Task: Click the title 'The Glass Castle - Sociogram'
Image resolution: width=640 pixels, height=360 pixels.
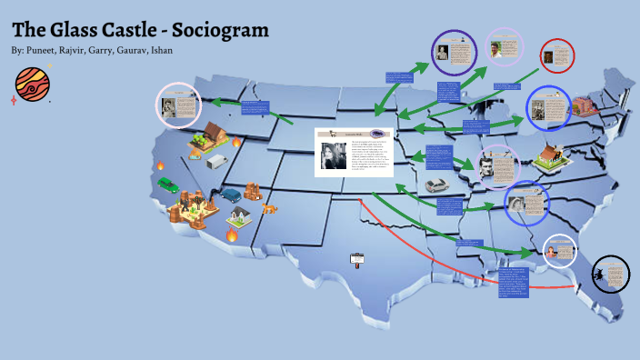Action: point(140,30)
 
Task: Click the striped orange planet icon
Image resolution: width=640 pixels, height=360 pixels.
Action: point(33,85)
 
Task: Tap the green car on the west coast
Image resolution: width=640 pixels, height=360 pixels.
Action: point(168,185)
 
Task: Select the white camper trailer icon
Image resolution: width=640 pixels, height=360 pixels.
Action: point(215,162)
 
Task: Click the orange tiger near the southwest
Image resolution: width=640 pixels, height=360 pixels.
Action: point(269,209)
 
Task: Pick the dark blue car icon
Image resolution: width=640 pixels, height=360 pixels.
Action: point(231,195)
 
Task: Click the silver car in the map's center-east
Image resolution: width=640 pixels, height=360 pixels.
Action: point(437,185)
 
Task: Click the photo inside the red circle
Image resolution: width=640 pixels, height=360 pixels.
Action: point(550,56)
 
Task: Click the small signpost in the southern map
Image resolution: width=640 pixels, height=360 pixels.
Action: point(357,260)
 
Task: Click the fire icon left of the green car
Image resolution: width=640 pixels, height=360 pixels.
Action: point(160,166)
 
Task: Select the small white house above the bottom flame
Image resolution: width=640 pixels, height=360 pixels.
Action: point(240,215)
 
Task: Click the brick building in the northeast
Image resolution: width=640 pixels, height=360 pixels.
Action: point(582,106)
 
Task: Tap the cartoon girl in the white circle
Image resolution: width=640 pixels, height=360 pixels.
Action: point(552,250)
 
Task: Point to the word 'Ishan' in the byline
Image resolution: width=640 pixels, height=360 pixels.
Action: point(160,50)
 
